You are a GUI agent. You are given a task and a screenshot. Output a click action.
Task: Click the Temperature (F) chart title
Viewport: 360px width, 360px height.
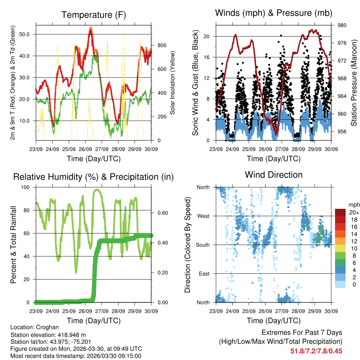pos(94,15)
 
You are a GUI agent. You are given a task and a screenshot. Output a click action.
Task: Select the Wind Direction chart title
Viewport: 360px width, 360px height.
pos(274,174)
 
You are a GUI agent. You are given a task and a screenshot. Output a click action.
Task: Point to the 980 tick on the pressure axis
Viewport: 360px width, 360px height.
pos(342,25)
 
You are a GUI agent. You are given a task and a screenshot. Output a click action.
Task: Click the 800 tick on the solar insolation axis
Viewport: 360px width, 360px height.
pos(162,45)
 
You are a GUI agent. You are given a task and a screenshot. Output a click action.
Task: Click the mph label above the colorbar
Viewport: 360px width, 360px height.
pos(353,205)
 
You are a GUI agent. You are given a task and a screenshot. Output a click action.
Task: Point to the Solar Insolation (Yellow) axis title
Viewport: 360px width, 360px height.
pos(172,83)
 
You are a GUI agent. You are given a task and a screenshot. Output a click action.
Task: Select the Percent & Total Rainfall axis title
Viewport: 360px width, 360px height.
pos(13,245)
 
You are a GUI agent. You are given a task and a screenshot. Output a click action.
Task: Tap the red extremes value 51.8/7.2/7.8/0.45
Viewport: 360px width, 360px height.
pos(316,351)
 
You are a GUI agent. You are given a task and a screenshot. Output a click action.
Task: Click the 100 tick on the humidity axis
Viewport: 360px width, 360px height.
pos(26,187)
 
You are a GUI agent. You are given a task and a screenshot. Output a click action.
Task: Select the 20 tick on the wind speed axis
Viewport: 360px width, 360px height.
pos(207,36)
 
